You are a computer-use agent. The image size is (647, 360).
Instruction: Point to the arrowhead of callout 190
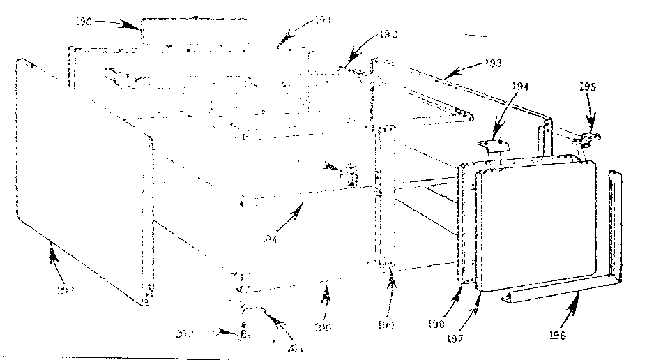click(137, 27)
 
